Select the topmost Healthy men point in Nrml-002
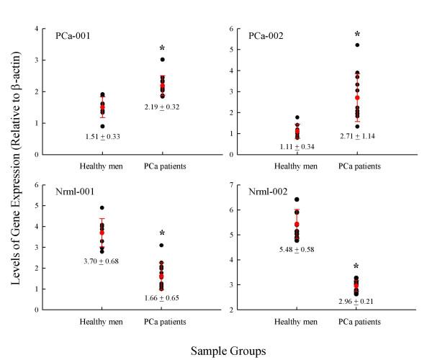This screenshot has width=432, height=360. pos(297,199)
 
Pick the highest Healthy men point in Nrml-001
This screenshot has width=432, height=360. pos(102,208)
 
